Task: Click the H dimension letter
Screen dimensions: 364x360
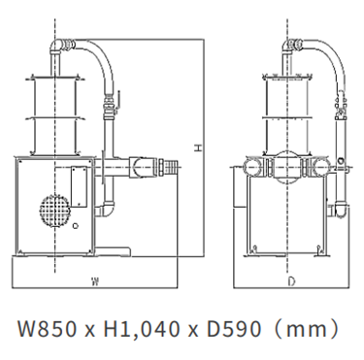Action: tap(198, 148)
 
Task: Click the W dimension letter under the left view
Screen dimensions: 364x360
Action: tap(95, 281)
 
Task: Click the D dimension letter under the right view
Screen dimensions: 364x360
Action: tap(291, 282)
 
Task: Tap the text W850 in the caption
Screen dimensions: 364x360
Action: tap(47, 329)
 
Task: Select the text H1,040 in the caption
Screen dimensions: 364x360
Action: tap(141, 329)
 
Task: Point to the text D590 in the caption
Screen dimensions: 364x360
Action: tap(233, 329)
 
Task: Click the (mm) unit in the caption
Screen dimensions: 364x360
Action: tap(305, 329)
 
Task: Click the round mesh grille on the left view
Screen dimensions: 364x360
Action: tap(55, 211)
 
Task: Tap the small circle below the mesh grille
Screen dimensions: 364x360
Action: tap(76, 226)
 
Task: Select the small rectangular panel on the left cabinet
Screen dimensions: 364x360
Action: tap(79, 186)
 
